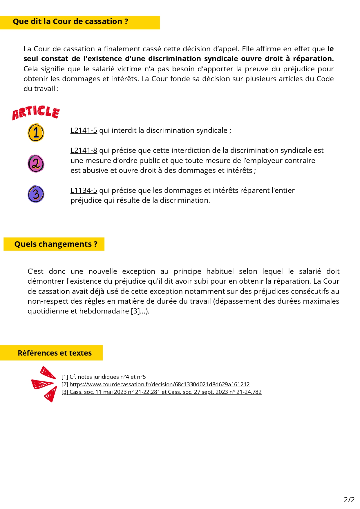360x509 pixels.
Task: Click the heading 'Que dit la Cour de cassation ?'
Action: coord(70,22)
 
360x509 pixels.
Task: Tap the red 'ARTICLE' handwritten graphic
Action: coord(36,113)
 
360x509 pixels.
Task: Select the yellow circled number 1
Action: coord(36,133)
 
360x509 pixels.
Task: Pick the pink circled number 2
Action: coord(36,164)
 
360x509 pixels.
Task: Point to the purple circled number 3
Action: coord(36,194)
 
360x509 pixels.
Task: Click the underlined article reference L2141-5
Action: coord(84,131)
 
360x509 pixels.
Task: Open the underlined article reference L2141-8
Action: coord(84,151)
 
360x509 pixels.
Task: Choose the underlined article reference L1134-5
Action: coord(84,191)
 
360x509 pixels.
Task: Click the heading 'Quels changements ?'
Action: coord(56,244)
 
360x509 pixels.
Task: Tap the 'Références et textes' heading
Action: coord(55,353)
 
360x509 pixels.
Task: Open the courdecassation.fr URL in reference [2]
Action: coord(160,385)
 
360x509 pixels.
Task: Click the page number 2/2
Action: coord(349,500)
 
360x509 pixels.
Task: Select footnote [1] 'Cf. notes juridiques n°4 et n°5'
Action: coord(104,377)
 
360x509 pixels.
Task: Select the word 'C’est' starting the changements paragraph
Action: coord(35,271)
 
